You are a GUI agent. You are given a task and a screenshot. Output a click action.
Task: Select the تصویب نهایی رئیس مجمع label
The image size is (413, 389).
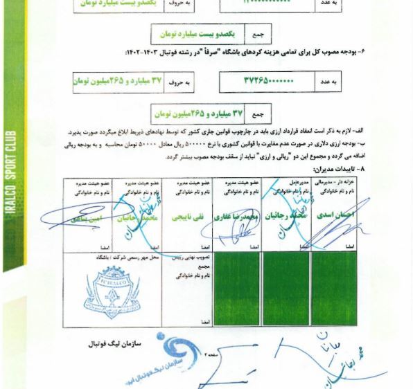[189, 260]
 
